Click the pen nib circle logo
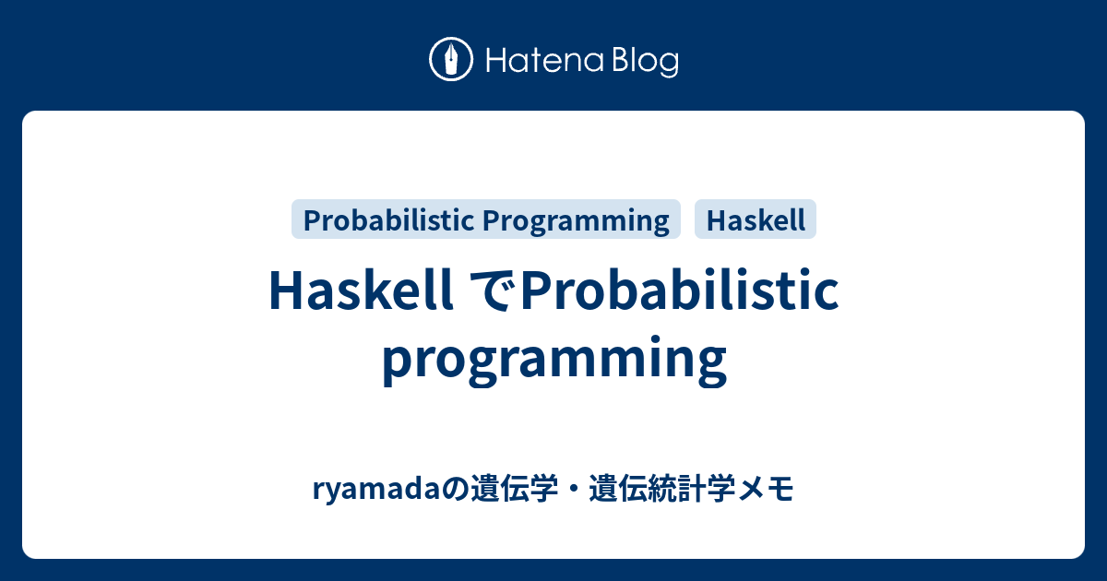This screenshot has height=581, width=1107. (x=451, y=60)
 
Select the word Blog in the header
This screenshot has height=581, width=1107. (x=645, y=62)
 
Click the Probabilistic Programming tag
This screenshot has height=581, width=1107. (x=485, y=220)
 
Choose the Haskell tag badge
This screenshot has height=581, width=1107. (x=756, y=220)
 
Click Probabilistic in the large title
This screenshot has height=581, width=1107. (x=681, y=291)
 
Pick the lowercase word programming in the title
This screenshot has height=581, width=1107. (x=553, y=360)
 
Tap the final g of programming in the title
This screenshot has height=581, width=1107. (x=710, y=363)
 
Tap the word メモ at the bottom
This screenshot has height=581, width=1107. (x=768, y=490)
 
